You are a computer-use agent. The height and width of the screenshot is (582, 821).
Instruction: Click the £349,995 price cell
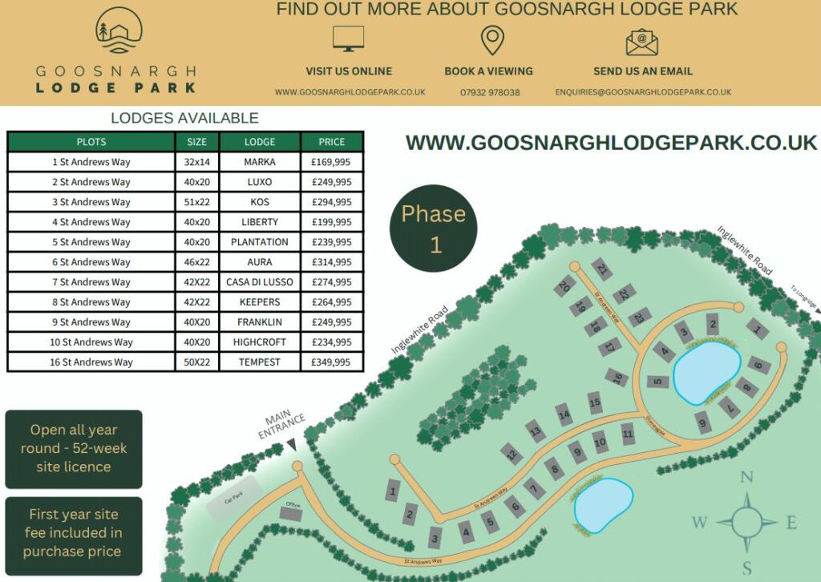(x=331, y=362)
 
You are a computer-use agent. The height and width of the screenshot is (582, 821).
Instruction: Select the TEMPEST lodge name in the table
(x=260, y=362)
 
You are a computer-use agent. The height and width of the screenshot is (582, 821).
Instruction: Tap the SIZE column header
(x=196, y=142)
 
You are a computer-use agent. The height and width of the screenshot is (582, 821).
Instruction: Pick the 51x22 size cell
(x=196, y=202)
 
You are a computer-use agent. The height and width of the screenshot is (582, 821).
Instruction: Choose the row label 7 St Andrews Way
(x=91, y=282)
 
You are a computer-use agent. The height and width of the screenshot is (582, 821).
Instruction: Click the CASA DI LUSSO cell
(x=260, y=282)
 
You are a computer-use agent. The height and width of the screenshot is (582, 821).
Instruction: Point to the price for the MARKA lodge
(x=331, y=162)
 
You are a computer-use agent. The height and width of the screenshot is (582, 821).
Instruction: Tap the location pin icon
(x=491, y=40)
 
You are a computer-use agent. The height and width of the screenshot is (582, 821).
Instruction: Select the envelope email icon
(x=642, y=42)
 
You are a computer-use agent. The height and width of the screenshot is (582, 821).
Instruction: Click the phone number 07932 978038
(x=490, y=92)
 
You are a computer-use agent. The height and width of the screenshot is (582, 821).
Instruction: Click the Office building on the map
(x=292, y=511)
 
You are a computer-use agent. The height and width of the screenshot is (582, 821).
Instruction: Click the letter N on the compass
(x=746, y=478)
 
